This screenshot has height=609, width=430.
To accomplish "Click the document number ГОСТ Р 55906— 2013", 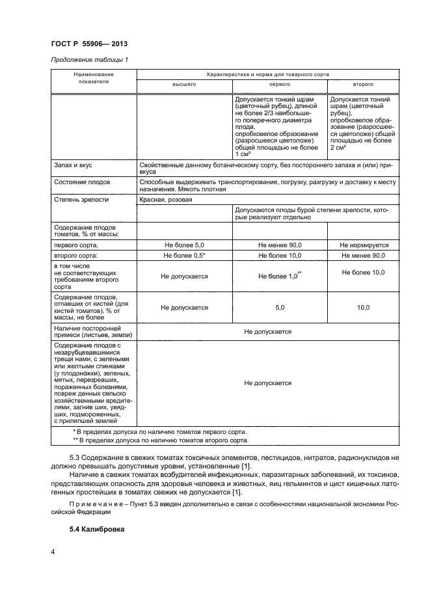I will [88, 44].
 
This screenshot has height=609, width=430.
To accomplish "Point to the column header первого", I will [280, 85].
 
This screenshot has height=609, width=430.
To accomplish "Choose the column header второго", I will [362, 85].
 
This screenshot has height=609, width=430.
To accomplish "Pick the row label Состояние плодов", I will [82, 182].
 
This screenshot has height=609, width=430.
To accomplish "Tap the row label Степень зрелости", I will [82, 200].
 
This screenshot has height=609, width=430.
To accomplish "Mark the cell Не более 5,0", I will [184, 245].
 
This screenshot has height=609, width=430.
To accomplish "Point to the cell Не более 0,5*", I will [184, 256].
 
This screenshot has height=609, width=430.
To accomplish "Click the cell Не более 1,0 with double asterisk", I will [280, 276].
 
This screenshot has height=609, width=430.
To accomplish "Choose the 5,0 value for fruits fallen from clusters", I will [280, 308].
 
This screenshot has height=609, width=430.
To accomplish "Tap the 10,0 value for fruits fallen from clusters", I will [363, 308].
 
